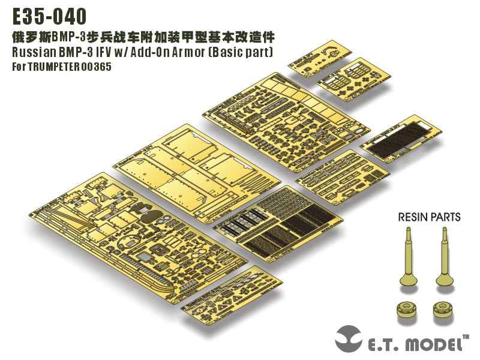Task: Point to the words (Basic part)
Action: click(240, 52)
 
